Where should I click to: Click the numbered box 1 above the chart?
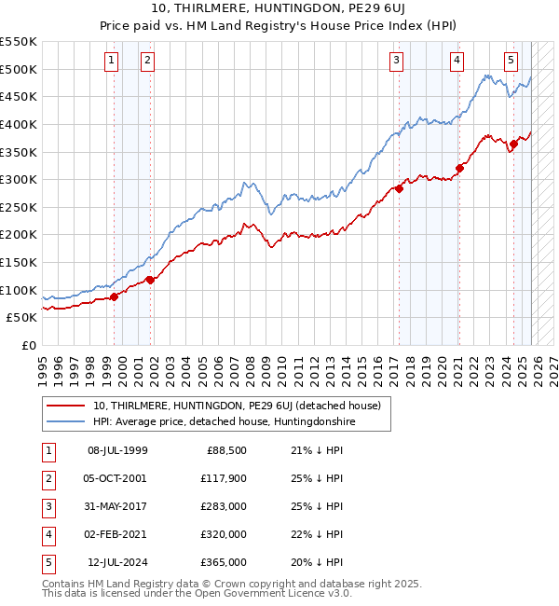(112, 61)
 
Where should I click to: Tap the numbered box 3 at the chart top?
(397, 61)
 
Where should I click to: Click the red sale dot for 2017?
(399, 188)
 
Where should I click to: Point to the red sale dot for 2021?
(459, 169)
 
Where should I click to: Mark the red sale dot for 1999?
(115, 296)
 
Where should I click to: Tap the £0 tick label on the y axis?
(28, 345)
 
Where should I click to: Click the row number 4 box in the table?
(48, 534)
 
